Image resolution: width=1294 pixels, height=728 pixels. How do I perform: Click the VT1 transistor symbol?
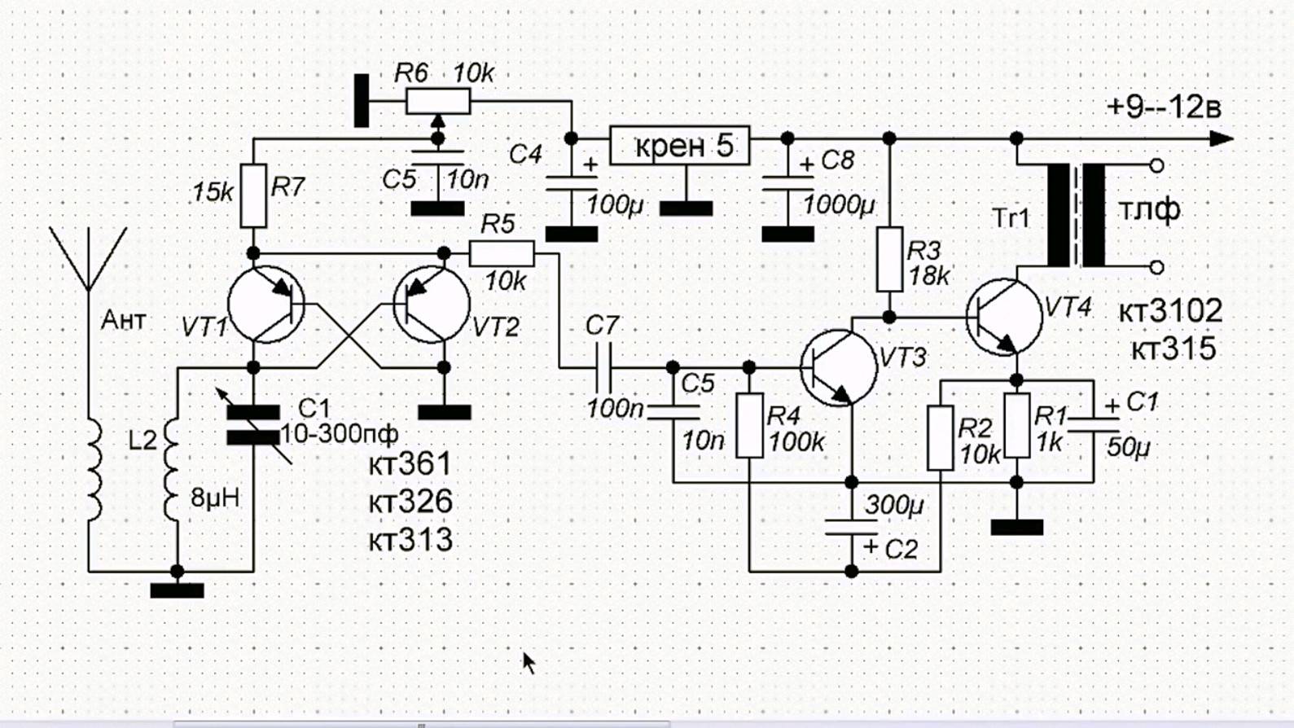click(265, 305)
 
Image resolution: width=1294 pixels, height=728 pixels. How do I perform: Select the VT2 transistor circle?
click(432, 305)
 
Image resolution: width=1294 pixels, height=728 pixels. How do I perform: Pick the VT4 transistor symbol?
click(1004, 315)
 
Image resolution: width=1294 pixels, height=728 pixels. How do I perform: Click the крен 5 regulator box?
click(680, 146)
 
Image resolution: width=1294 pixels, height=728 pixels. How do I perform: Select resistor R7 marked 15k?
click(253, 195)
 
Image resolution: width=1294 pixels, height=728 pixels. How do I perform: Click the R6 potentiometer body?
click(437, 102)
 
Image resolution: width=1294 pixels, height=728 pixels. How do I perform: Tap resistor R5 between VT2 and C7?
click(502, 253)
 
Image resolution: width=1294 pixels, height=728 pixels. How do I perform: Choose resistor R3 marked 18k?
click(889, 260)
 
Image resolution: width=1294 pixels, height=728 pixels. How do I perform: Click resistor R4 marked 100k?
click(749, 425)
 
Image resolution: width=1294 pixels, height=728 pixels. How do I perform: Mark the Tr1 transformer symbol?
click(1077, 216)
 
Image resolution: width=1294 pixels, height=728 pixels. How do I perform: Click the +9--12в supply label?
click(1164, 107)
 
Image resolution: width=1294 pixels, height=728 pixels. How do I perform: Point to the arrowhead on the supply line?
click(1222, 138)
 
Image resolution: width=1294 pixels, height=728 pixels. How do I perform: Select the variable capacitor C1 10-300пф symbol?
click(253, 425)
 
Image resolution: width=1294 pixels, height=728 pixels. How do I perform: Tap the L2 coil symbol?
click(172, 470)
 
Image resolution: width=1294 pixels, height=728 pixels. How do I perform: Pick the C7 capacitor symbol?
click(603, 367)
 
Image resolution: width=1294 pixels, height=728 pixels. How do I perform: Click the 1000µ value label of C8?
click(839, 204)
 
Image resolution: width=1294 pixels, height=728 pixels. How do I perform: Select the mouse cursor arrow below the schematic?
click(529, 662)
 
